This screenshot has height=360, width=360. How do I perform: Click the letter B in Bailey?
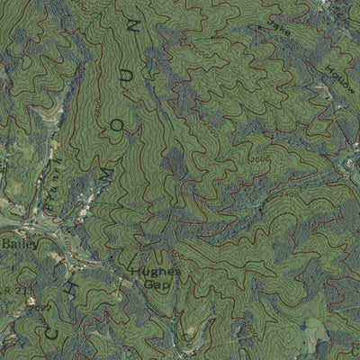(4, 243)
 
